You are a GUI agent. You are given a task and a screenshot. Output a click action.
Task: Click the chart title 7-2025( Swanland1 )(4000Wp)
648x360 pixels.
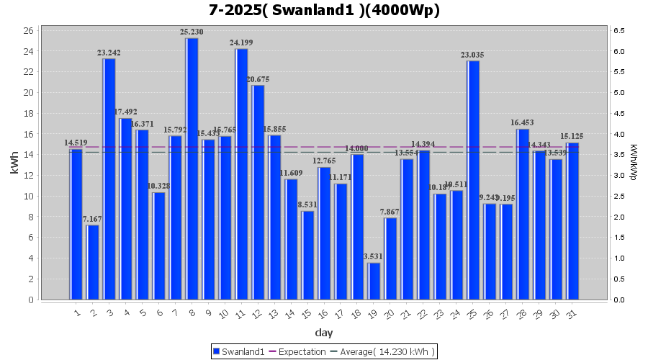[x=324, y=11]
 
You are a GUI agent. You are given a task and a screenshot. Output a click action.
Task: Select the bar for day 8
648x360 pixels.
[x=192, y=168]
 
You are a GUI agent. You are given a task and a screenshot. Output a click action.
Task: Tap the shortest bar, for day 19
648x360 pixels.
[x=374, y=281]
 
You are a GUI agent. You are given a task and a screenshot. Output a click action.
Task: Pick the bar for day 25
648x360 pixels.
[x=473, y=180]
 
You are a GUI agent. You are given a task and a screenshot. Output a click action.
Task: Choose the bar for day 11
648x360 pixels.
[x=241, y=174]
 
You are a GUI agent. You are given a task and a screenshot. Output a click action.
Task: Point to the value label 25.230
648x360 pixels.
[x=192, y=32]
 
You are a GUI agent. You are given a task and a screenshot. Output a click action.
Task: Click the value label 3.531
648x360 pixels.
[x=374, y=257]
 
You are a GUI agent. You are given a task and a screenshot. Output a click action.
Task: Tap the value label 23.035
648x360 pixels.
[x=473, y=55]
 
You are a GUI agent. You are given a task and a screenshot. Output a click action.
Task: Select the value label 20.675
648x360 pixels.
[x=258, y=79]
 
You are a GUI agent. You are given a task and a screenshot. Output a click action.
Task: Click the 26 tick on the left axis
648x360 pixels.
[x=27, y=30]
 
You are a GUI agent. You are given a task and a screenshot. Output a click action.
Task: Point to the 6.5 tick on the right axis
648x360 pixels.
[x=618, y=30]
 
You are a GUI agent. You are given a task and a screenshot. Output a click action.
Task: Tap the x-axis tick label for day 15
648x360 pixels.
[x=307, y=314]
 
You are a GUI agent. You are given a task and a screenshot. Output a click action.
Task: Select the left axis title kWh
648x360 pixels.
[x=14, y=165]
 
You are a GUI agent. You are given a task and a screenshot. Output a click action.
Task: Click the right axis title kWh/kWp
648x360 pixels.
[x=634, y=163]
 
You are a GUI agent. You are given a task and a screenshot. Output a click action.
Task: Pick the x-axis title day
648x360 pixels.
[x=324, y=333]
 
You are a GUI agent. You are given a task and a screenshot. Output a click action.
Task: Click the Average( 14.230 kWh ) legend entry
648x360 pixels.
[x=382, y=351]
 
